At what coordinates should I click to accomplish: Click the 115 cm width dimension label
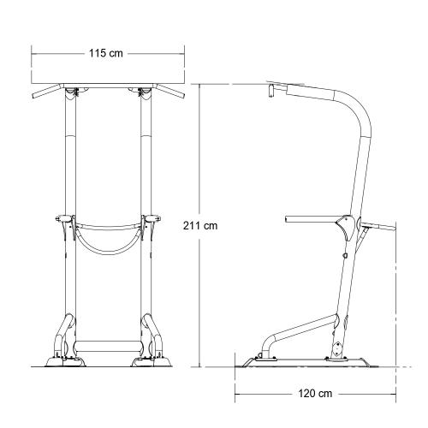coord(107,53)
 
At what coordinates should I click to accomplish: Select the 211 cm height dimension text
coord(200,226)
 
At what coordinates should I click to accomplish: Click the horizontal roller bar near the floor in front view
coord(107,347)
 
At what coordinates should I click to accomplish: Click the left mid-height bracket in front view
coord(64,224)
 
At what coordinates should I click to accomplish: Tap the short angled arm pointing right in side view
coord(378,228)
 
